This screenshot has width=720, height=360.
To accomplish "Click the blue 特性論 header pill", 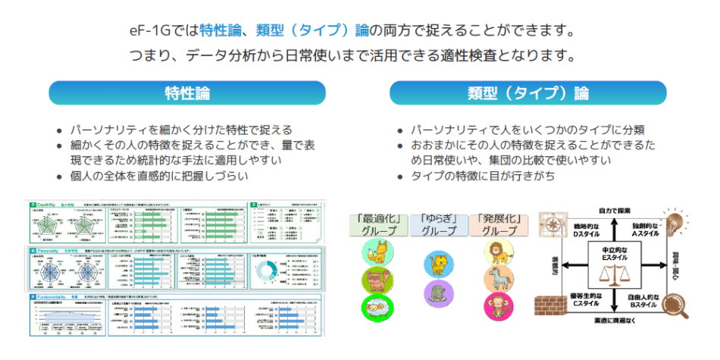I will (187, 93).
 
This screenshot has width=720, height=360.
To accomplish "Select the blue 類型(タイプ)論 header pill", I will (527, 93).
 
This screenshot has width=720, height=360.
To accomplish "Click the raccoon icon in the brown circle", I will (377, 280).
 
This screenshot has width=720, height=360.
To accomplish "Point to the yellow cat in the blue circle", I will (437, 263).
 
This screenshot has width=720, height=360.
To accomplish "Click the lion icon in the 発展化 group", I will (497, 251).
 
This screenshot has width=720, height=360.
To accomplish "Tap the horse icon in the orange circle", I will (497, 279).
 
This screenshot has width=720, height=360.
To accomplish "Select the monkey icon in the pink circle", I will (497, 307).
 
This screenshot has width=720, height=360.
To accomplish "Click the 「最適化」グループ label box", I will (377, 223).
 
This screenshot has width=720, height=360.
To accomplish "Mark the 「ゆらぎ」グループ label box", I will (438, 223).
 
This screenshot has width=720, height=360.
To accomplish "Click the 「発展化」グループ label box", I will (498, 223).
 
